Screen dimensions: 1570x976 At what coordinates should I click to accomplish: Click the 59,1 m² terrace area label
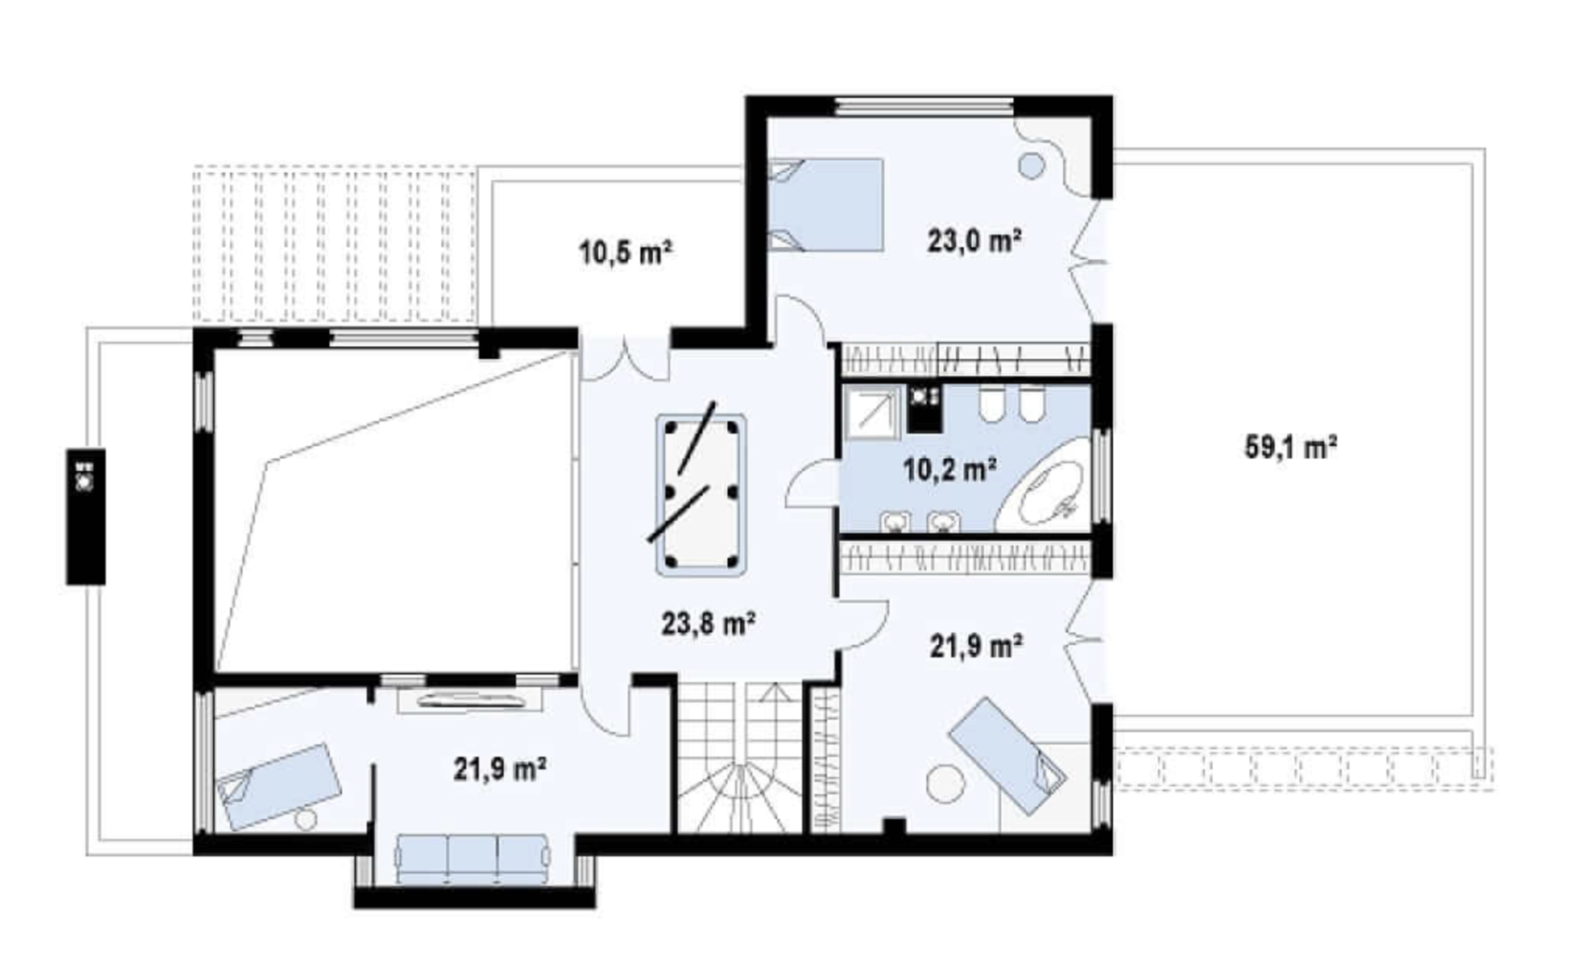click(1291, 447)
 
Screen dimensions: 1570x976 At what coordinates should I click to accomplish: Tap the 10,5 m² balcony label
click(626, 252)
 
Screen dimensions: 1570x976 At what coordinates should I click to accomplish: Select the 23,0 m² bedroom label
click(974, 241)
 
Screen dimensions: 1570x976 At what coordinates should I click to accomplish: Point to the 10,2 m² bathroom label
click(949, 469)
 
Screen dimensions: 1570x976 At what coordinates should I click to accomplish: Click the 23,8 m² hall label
click(708, 623)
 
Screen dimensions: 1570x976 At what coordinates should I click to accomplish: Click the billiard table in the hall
click(701, 495)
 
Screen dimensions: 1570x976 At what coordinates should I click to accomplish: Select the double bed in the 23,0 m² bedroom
click(826, 205)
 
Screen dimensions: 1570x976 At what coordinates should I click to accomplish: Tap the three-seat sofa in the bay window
click(473, 859)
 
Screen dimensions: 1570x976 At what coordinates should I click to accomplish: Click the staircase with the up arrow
click(740, 757)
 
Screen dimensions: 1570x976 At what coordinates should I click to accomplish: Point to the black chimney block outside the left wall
click(86, 516)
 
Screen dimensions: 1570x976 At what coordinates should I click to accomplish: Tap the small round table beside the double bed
click(1031, 165)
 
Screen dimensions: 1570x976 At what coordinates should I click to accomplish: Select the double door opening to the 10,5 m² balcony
click(624, 359)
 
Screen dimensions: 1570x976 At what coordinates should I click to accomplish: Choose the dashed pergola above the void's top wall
click(335, 244)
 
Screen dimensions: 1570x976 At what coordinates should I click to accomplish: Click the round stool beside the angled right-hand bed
click(946, 783)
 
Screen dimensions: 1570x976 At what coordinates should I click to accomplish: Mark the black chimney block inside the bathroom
click(924, 408)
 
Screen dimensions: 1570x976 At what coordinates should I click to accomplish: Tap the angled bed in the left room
click(278, 786)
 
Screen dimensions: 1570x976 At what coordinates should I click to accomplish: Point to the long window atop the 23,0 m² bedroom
click(923, 107)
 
